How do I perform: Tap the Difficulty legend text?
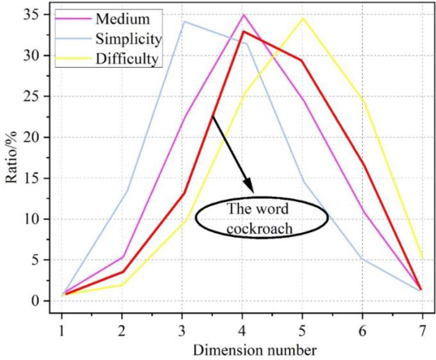[127, 59]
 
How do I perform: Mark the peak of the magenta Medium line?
[244, 15]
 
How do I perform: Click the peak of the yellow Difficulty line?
[303, 18]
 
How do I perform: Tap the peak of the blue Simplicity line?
[184, 21]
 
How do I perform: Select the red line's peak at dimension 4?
[244, 31]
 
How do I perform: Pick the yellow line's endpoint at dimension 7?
[422, 258]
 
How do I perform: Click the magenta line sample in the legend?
[74, 19]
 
